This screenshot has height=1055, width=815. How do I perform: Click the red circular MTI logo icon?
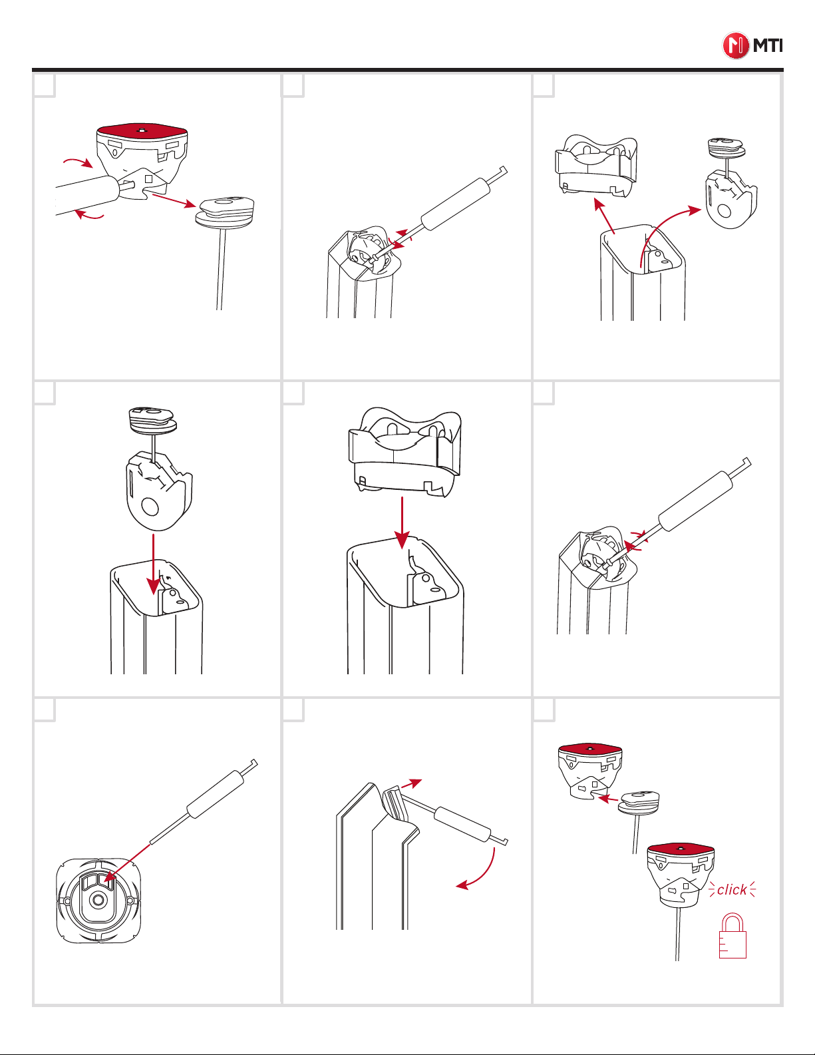735,46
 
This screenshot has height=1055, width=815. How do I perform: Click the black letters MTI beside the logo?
768,46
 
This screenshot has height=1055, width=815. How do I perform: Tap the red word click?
732,890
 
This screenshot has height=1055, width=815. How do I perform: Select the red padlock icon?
733,936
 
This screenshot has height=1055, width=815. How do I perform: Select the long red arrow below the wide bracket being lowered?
402,523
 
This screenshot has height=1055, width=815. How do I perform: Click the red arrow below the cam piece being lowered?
153,564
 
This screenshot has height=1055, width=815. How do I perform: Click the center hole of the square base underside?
98,901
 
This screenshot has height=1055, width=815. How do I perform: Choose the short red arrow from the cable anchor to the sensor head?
608,799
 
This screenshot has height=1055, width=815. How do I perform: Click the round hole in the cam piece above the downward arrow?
150,508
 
